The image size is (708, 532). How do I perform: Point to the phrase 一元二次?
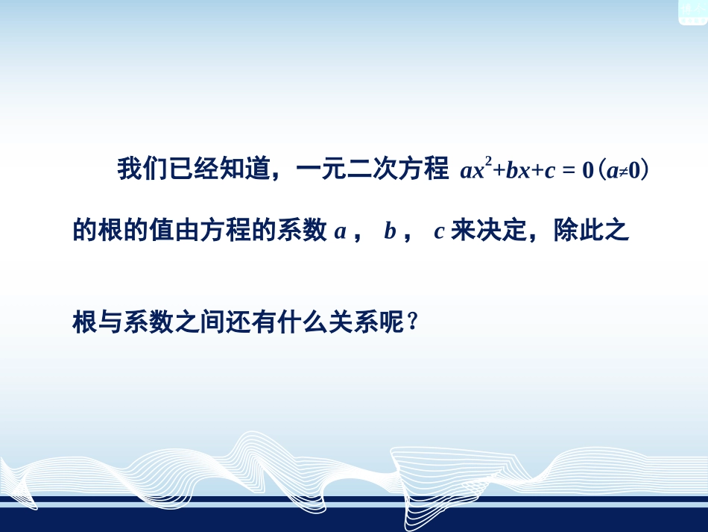pos(348,169)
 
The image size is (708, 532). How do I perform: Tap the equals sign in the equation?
pos(567,171)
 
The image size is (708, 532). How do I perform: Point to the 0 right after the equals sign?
pos(587,171)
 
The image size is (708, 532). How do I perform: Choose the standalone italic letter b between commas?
pos(389,232)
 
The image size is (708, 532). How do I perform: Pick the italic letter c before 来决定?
pos(439,232)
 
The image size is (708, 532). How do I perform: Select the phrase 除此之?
pos(592,231)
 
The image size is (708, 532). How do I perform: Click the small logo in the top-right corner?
pos(691,11)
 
